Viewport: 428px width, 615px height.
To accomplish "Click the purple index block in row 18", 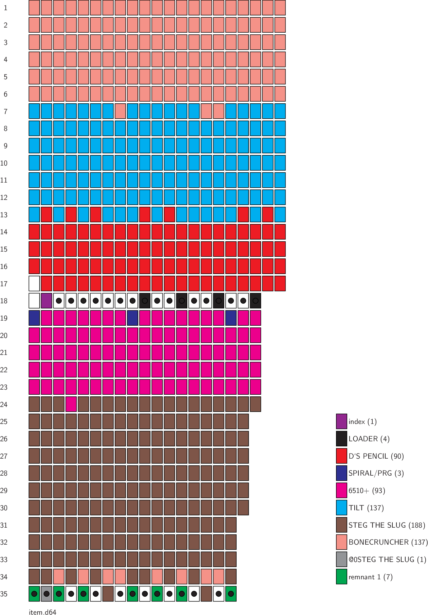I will pyautogui.click(x=46, y=301).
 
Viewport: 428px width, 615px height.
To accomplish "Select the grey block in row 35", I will pyautogui.click(x=46, y=594).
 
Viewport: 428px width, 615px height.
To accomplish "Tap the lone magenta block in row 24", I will pyautogui.click(x=71, y=404).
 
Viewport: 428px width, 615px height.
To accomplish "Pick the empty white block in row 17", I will pyautogui.click(x=34, y=284).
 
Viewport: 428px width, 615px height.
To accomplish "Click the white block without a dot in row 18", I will pyautogui.click(x=34, y=301).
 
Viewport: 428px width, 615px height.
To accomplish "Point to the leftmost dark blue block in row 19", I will pyautogui.click(x=34, y=318).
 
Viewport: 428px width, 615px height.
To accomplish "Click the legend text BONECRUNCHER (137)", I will pyautogui.click(x=388, y=542).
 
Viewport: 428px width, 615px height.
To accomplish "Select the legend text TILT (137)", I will pyautogui.click(x=366, y=508).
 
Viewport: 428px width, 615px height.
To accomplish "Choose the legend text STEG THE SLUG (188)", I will pyautogui.click(x=387, y=525).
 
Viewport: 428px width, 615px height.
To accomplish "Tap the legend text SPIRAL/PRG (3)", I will pyautogui.click(x=376, y=473).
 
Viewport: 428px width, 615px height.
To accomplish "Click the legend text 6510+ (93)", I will pyautogui.click(x=367, y=491).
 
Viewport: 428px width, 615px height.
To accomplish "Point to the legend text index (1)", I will pyautogui.click(x=362, y=422).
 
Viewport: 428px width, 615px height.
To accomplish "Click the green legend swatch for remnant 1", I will pyautogui.click(x=341, y=577).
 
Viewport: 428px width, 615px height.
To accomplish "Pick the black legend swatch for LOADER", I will pyautogui.click(x=341, y=439).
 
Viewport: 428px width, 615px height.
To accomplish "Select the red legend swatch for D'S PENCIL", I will pyautogui.click(x=341, y=456).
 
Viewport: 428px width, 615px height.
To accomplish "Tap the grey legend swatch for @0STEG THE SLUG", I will pyautogui.click(x=341, y=560).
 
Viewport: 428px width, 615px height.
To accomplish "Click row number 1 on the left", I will pyautogui.click(x=5, y=8).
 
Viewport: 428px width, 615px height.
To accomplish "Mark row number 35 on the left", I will pyautogui.click(x=4, y=594).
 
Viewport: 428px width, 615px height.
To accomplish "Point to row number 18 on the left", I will pyautogui.click(x=4, y=301).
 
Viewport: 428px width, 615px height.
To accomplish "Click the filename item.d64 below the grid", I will pyautogui.click(x=42, y=612).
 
